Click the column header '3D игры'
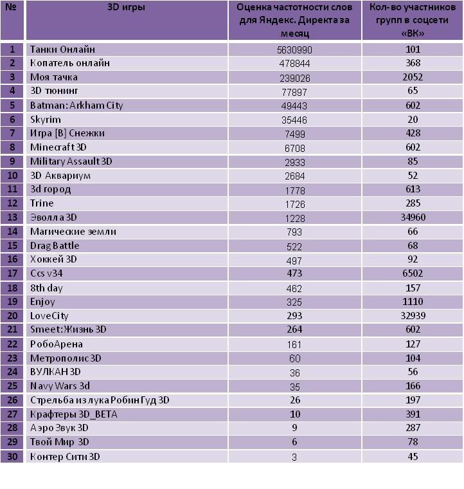126,7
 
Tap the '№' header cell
11,7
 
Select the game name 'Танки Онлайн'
62,50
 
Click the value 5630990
294,50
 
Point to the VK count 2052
413,77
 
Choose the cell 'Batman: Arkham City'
76,106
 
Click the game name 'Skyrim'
46,120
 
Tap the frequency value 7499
294,134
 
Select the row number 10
12,175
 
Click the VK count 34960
413,217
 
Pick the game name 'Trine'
42,203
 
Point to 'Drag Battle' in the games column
55,246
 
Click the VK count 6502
413,273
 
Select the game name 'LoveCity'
49,316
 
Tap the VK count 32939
413,316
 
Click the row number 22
12,344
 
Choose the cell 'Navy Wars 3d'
60,386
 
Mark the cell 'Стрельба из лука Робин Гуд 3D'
100,400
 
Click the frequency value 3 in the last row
294,457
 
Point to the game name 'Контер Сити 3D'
65,457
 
